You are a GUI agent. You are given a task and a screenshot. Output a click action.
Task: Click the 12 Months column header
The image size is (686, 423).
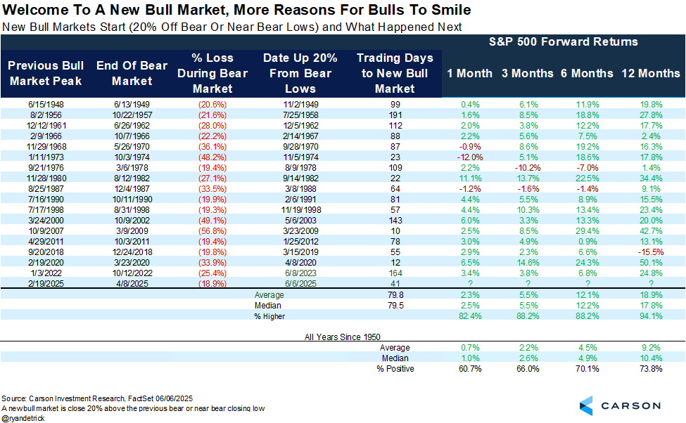[651, 73]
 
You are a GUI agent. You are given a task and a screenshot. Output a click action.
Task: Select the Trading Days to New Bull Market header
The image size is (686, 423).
[395, 73]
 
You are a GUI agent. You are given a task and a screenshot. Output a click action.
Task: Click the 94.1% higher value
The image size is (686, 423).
[651, 317]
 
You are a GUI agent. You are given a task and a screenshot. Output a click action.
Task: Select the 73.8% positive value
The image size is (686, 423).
[651, 369]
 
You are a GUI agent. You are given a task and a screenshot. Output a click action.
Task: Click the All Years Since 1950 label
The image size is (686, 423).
[343, 337]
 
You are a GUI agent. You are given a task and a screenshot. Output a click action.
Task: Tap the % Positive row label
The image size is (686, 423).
[394, 369]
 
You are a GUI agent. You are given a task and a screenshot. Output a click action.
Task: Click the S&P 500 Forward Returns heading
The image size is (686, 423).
[563, 41]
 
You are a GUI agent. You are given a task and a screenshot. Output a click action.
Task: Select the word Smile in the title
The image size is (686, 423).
[452, 11]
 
